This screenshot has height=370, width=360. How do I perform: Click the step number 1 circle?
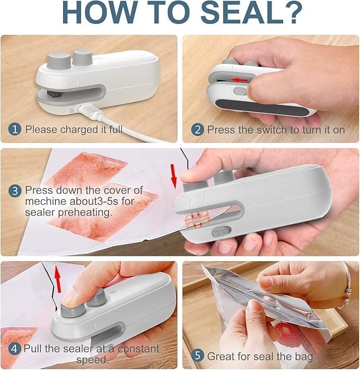point(15,130)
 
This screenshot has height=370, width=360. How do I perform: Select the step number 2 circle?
point(197,130)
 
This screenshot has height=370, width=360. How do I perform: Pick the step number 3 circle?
point(15,191)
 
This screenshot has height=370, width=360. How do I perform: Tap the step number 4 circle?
point(14,349)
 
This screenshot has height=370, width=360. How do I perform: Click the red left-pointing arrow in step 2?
point(240,80)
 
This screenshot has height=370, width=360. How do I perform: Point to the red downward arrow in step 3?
point(174,176)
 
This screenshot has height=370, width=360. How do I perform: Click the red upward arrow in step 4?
point(58,279)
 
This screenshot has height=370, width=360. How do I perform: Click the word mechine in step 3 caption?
point(46,202)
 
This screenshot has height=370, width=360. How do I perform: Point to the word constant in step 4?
point(138,349)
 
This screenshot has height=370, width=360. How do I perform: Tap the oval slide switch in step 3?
point(222,232)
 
